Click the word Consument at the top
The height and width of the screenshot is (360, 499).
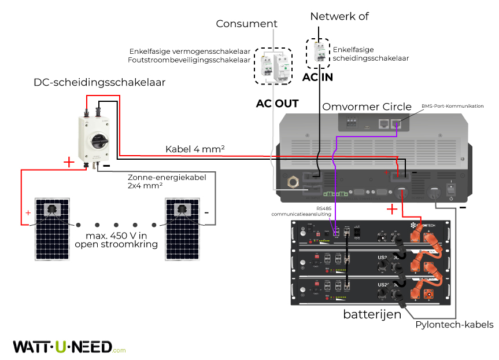pos(246,24)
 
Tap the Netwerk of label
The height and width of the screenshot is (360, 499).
pos(339,16)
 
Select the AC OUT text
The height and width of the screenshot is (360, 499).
pos(277,104)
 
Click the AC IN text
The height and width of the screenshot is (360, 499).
pos(318,77)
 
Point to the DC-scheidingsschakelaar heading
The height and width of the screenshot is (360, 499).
pos(99,83)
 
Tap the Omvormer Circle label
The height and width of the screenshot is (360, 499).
pos(367,106)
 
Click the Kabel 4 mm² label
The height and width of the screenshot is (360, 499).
pos(195,149)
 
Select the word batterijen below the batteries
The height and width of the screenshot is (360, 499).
pos(372,314)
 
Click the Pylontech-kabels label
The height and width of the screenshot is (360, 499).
pos(454,325)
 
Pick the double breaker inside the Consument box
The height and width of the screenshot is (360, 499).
pos(273,65)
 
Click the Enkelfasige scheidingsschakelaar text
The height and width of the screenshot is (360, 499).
pos(370,54)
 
